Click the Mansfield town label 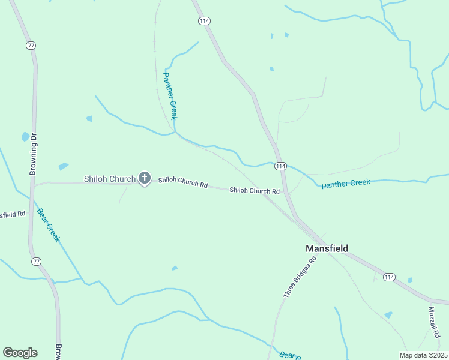pyautogui.click(x=327, y=248)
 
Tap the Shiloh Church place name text pyautogui.click(x=109, y=179)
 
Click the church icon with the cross pyautogui.click(x=144, y=178)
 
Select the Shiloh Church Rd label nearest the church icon pyautogui.click(x=183, y=183)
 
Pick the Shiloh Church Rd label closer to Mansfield pyautogui.click(x=255, y=191)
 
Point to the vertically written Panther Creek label pyautogui.click(x=170, y=96)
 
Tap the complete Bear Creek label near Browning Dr pyautogui.click(x=49, y=224)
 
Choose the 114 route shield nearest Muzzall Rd pyautogui.click(x=389, y=277)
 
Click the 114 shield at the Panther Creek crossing pyautogui.click(x=280, y=166)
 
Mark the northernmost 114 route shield pyautogui.click(x=204, y=21)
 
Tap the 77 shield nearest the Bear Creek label pyautogui.click(x=37, y=262)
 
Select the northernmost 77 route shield pyautogui.click(x=31, y=45)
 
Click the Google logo pyautogui.click(x=20, y=352)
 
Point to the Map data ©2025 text pyautogui.click(x=423, y=355)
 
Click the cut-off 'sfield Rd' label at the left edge pyautogui.click(x=13, y=214)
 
